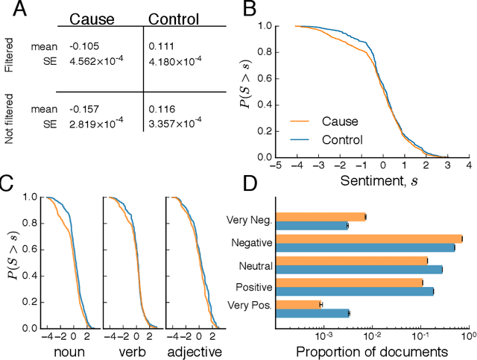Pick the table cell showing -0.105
click(84, 47)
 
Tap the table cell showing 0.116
click(160, 109)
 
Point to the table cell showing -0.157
click(84, 109)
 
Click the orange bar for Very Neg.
click(320, 217)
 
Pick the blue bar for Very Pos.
click(312, 314)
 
